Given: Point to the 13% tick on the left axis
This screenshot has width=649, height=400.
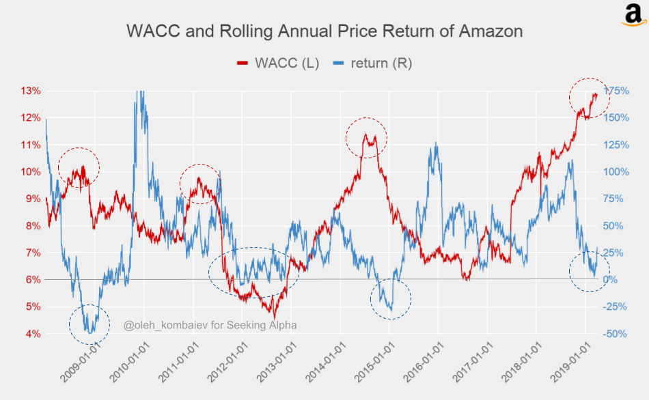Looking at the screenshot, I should pyautogui.click(x=31, y=91).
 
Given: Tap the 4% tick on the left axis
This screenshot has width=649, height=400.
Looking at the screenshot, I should pyautogui.click(x=33, y=334).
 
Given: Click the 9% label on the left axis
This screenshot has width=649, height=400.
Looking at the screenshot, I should pyautogui.click(x=33, y=199).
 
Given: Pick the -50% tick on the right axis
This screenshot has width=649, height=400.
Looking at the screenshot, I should pyautogui.click(x=613, y=334).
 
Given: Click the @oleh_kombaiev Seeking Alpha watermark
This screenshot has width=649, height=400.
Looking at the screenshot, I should pyautogui.click(x=210, y=325).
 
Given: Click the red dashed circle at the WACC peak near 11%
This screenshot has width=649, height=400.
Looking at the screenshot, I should pyautogui.click(x=366, y=138).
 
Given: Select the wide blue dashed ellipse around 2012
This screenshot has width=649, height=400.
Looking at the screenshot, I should pyautogui.click(x=253, y=271).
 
